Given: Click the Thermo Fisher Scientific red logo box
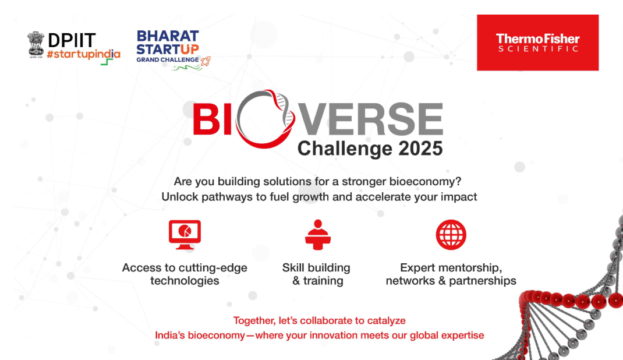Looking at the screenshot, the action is click(537, 43).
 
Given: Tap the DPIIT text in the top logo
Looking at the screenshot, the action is click(72, 41).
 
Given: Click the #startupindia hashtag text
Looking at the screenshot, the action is click(83, 54).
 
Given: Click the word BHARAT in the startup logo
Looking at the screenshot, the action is click(168, 36).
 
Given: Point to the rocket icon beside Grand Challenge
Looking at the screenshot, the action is click(205, 61).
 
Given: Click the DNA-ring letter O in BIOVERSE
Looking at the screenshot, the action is click(266, 119).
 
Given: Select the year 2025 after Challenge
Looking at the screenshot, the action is click(421, 149).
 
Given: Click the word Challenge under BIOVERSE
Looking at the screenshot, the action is click(345, 149).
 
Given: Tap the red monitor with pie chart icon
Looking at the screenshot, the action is click(185, 235).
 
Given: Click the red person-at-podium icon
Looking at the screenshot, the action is click(318, 235).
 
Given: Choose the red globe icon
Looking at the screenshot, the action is click(451, 235).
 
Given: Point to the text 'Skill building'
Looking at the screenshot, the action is click(316, 268).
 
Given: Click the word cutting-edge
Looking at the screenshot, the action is click(214, 268).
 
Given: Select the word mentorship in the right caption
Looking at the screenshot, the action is click(468, 268).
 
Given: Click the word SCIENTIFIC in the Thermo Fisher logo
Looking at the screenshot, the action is click(538, 49).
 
